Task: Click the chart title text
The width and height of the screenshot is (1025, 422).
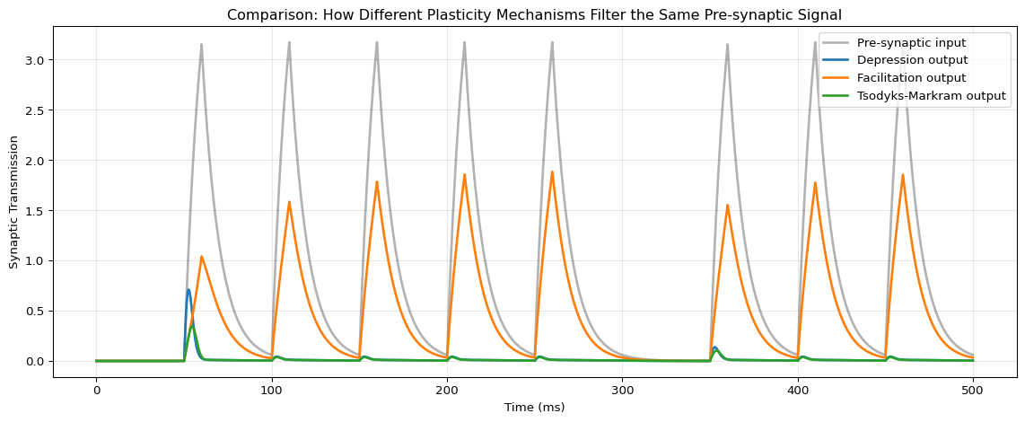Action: coord(534,14)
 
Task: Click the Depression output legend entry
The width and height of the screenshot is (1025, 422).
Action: coord(912,60)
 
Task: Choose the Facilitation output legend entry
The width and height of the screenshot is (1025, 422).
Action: coord(912,78)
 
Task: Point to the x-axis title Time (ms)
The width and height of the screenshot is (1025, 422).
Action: coord(534,407)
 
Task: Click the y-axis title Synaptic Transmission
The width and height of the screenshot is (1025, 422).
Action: coord(14,202)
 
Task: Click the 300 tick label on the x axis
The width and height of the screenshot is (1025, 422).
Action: coord(623,389)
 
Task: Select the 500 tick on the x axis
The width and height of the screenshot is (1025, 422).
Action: coord(974,389)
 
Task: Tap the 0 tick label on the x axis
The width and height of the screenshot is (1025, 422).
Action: coord(96,389)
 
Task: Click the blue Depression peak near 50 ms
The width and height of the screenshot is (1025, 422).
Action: coord(188,289)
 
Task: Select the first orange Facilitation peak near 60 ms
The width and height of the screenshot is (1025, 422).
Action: coord(202,257)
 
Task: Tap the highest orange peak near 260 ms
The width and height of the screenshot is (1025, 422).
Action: coord(552,171)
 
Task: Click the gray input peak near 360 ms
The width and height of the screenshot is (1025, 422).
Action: coord(727,44)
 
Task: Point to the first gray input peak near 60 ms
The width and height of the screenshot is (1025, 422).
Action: coord(201,44)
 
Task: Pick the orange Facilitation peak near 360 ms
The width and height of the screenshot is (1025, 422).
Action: coord(727,206)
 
